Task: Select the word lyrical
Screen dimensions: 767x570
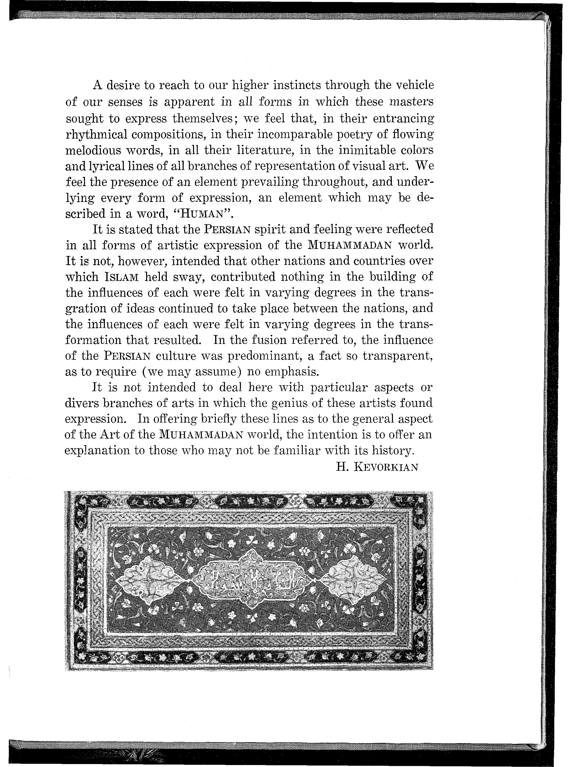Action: [x=107, y=166]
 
